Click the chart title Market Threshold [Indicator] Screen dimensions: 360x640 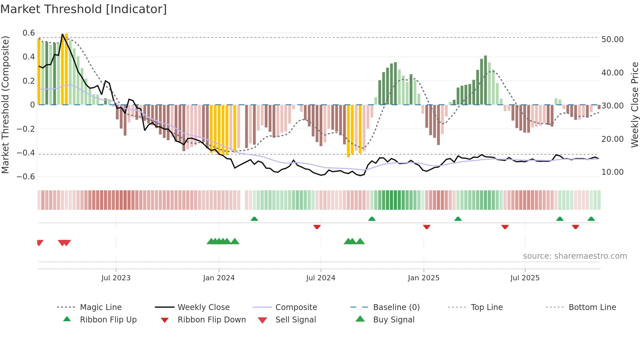(x=84, y=9)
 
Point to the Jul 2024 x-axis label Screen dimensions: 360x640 (x=321, y=278)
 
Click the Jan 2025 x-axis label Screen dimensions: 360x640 (x=424, y=278)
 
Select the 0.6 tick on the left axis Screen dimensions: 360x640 (x=29, y=33)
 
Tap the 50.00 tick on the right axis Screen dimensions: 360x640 (x=612, y=39)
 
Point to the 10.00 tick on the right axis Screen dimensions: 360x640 (x=612, y=172)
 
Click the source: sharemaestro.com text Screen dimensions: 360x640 (x=575, y=256)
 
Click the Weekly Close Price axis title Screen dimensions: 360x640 (x=634, y=105)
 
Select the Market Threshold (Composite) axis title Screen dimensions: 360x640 (x=5, y=105)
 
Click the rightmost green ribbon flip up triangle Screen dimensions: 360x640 (x=591, y=219)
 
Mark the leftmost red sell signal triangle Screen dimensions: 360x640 (x=40, y=243)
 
